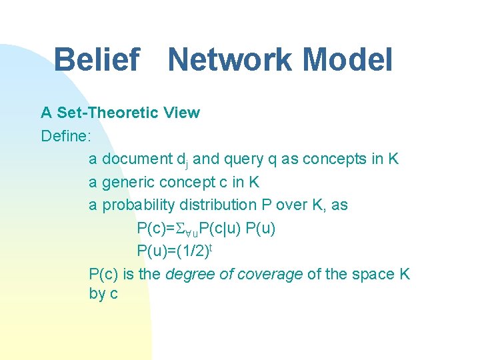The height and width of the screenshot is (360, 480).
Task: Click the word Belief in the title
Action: tap(96, 59)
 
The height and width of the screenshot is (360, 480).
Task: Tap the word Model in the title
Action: tap(347, 59)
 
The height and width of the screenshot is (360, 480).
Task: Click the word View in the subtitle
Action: tap(182, 113)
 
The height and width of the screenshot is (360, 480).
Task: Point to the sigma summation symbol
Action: tap(178, 228)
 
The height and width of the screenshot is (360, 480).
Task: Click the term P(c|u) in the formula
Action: tap(219, 228)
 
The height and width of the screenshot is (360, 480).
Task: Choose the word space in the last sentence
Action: tap(372, 274)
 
